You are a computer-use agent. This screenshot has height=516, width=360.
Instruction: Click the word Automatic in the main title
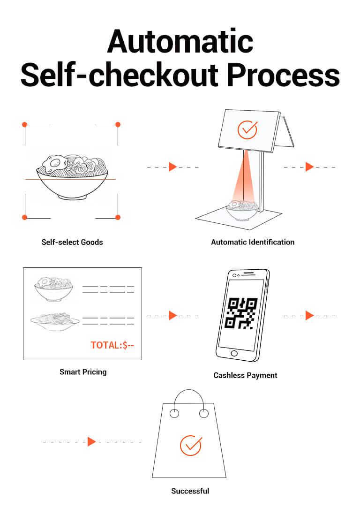point(180,41)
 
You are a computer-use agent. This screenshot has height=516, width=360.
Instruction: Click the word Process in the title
point(284,76)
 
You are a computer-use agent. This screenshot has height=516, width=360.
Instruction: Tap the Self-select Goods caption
point(72,242)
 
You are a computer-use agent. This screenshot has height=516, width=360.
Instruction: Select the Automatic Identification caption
point(253,242)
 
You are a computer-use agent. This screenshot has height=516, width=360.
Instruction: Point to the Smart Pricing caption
point(83,372)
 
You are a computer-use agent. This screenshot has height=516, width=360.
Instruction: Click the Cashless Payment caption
point(245,375)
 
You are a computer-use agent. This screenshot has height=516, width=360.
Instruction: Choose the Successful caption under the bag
point(190,491)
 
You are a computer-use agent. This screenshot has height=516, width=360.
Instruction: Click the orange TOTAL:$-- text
point(112,345)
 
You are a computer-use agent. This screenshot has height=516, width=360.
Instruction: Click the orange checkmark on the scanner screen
point(247,129)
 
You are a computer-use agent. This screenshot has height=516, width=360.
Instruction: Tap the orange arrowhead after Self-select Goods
point(172,167)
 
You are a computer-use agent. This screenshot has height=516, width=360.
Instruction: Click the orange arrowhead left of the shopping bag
point(91,441)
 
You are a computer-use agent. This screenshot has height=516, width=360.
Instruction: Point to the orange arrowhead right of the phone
point(309,316)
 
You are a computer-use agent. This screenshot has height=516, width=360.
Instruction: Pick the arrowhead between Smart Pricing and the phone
point(172,316)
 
